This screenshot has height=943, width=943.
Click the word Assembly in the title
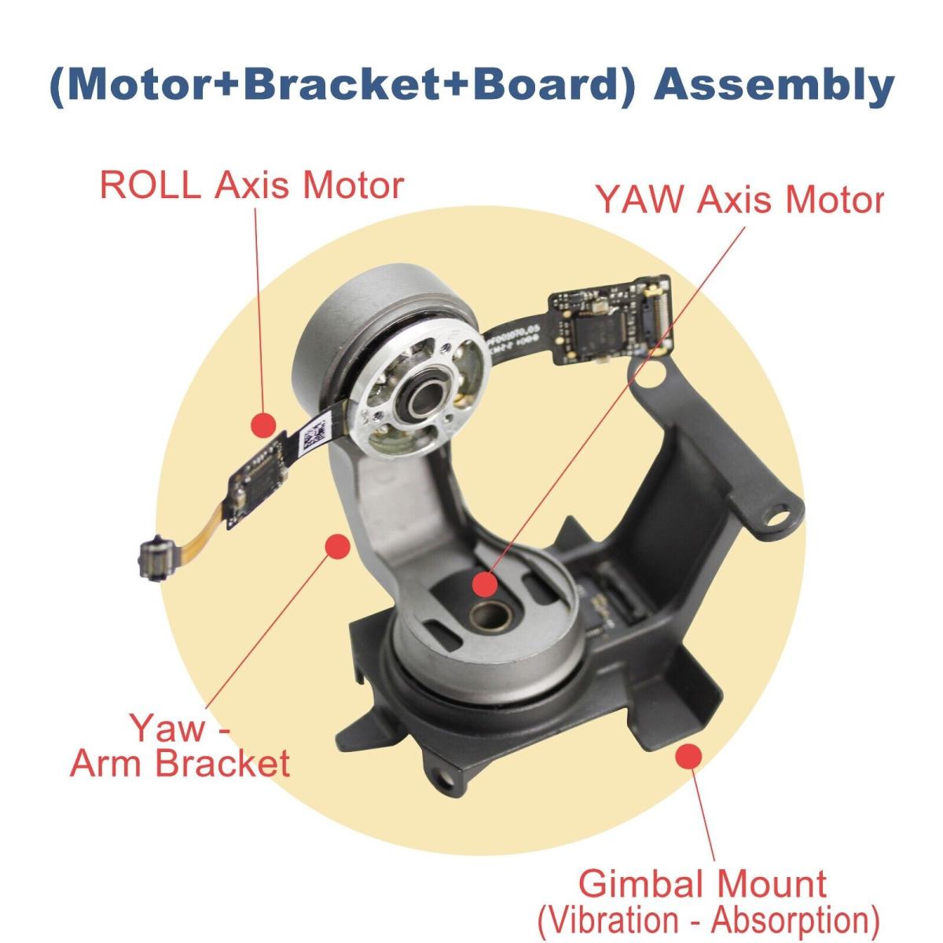[x=775, y=85]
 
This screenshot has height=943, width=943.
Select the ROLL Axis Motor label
[x=251, y=185]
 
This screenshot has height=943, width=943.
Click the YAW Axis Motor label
[x=739, y=200]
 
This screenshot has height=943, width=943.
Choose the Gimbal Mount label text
[x=702, y=883]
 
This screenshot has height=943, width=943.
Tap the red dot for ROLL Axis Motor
[x=264, y=424]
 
